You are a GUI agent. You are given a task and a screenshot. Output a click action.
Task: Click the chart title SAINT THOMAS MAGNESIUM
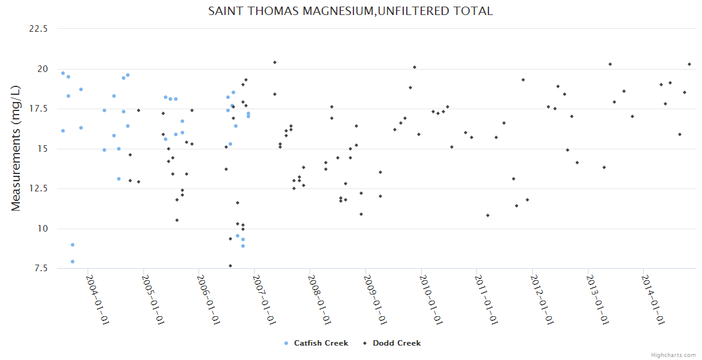coord(350,11)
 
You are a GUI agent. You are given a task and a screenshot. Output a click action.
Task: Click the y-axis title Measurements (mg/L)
coord(16,148)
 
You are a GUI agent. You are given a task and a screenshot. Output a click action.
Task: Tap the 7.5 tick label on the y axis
coord(41,268)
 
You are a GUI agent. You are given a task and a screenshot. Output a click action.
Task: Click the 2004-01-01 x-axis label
coord(97,299)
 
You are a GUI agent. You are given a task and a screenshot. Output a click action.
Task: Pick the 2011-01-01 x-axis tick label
coord(485,299)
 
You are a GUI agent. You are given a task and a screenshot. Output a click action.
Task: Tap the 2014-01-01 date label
coord(652,299)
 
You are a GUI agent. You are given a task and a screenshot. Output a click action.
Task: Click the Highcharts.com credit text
coord(673,355)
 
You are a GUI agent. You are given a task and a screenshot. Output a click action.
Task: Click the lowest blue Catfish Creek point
coord(73,262)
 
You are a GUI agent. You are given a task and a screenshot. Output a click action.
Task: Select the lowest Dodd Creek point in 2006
coord(230,266)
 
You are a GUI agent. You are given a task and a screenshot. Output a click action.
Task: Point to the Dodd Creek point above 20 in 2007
coord(275,62)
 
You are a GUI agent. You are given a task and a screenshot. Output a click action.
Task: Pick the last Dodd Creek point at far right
coord(689,64)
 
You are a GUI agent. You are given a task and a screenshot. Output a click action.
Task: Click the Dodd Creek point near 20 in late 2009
coord(415,67)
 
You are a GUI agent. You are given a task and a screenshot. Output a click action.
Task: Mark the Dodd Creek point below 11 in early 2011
coord(488,215)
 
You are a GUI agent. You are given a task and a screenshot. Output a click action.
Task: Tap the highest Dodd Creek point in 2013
coord(610,64)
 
